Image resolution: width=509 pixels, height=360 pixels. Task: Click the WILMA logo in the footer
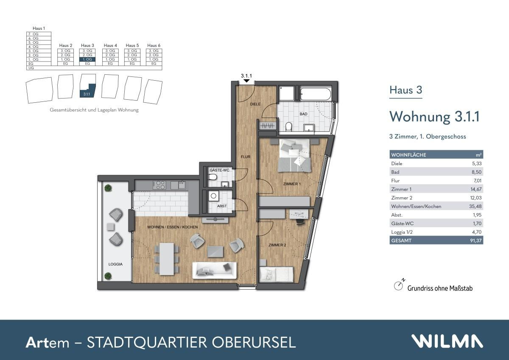(447, 341)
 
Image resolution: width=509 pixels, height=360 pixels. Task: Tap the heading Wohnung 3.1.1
(434, 116)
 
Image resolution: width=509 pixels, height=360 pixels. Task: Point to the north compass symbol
(398, 286)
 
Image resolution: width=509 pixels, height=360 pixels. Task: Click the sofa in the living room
(214, 270)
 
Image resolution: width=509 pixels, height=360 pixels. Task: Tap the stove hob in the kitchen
(160, 185)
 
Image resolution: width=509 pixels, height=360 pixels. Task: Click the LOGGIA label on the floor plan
(115, 264)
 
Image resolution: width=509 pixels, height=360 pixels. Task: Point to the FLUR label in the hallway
(246, 157)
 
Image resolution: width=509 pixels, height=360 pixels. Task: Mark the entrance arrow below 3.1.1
(246, 81)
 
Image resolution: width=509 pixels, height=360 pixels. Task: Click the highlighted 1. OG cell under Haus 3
(87, 59)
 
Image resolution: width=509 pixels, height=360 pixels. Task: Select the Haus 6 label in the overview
(154, 45)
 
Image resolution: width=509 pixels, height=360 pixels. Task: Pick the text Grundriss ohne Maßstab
(440, 288)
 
